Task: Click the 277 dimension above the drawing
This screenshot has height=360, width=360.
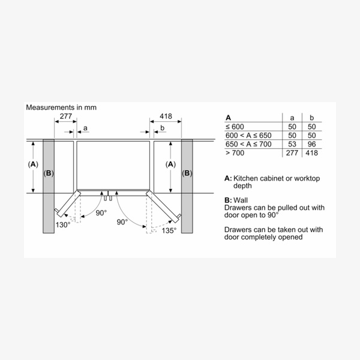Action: click(66, 116)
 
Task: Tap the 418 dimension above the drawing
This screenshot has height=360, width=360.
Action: click(166, 116)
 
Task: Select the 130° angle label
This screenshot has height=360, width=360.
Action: click(63, 224)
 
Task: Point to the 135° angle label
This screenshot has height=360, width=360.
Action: click(169, 230)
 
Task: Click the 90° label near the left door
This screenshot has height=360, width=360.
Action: click(101, 213)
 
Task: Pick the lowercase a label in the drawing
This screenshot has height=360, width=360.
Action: click(85, 128)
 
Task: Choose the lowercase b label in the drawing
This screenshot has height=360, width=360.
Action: click(163, 128)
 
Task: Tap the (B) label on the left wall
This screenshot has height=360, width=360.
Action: click(49, 173)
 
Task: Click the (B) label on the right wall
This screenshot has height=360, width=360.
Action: click(187, 173)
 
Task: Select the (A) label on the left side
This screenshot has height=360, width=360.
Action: click(33, 164)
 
